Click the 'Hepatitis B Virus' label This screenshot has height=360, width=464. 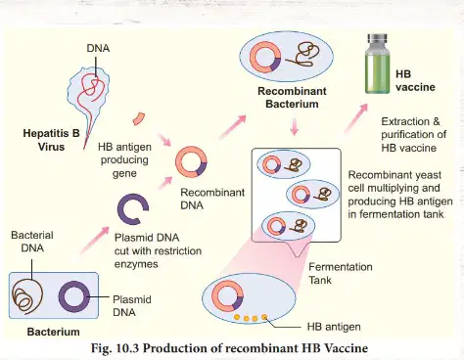point(51,140)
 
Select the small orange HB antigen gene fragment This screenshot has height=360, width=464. point(139,118)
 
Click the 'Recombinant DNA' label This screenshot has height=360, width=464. point(212,199)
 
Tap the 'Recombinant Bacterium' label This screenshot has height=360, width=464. point(292,98)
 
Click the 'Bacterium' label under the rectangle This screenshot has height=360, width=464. point(54,332)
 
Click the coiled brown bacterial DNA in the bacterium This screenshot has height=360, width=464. point(27,295)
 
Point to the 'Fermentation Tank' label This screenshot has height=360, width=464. point(341,273)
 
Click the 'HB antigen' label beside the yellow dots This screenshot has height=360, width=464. point(334,327)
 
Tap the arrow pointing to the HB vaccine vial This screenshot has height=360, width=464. point(356,118)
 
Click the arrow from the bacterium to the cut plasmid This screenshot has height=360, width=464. point(95,240)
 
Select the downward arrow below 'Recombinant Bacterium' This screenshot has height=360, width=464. point(295,126)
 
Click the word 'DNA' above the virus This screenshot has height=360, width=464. point(98,48)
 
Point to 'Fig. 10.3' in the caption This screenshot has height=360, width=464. point(116,348)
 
